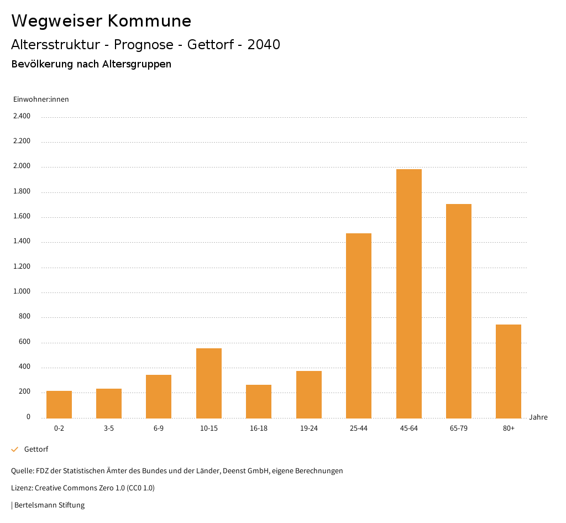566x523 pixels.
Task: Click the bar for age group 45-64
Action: (x=408, y=294)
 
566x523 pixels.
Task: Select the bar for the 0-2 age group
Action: (x=59, y=405)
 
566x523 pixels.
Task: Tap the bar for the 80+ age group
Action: (x=509, y=371)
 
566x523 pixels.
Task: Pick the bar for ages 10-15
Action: (x=209, y=383)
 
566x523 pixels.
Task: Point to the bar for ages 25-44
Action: (x=359, y=326)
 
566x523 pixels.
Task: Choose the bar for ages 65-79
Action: (x=459, y=311)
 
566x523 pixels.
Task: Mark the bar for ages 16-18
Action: (x=259, y=401)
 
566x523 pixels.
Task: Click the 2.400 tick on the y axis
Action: (x=22, y=116)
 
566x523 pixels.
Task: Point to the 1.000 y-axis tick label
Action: (x=22, y=292)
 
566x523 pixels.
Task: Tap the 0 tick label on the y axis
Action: (x=28, y=417)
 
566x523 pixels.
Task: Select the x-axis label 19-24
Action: (x=308, y=428)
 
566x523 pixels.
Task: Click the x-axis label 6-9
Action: (x=159, y=428)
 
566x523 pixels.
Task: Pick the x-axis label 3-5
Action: (x=109, y=428)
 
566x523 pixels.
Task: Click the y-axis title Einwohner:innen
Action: (x=41, y=100)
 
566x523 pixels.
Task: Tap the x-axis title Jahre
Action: (x=538, y=417)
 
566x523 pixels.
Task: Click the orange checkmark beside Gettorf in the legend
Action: (x=15, y=449)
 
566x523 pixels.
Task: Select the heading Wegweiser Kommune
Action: (x=101, y=21)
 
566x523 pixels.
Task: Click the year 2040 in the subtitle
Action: (x=264, y=45)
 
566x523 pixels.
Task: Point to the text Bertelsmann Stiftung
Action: (x=49, y=505)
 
